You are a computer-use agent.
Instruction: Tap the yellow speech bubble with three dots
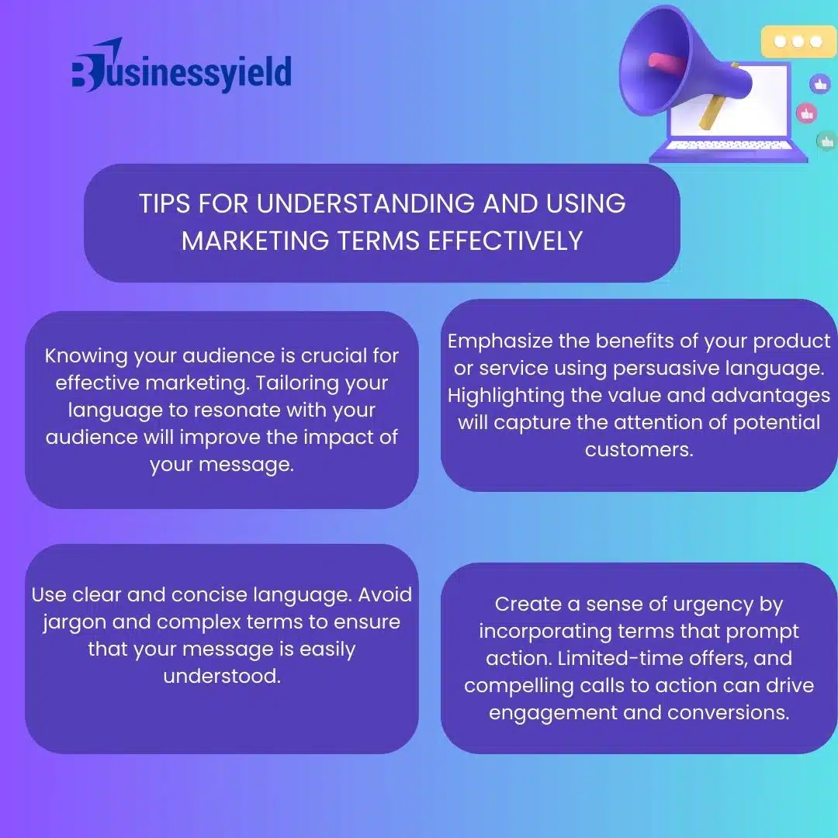[798, 41]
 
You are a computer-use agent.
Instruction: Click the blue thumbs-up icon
[820, 84]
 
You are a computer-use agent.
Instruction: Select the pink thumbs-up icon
[806, 113]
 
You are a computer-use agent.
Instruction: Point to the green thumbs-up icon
[827, 142]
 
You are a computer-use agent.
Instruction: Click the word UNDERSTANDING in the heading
[365, 203]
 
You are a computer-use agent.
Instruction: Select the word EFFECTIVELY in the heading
[505, 241]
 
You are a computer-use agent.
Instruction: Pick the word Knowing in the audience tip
[86, 356]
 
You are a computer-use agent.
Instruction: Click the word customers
[639, 449]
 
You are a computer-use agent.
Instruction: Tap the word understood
[222, 676]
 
